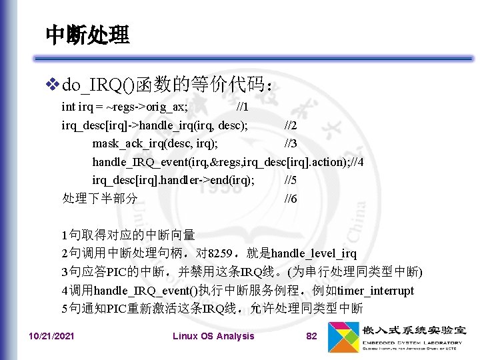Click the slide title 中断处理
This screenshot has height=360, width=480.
click(87, 35)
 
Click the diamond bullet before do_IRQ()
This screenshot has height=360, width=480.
click(53, 85)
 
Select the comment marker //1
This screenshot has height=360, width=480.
click(243, 107)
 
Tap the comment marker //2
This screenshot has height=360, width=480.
click(291, 125)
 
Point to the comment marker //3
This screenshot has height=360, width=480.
click(291, 143)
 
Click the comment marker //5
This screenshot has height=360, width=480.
click(291, 180)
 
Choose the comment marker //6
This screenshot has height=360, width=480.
click(291, 199)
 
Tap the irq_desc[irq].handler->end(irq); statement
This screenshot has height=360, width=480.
click(173, 180)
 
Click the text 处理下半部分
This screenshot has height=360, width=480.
click(99, 199)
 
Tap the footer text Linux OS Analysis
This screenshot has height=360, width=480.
click(213, 336)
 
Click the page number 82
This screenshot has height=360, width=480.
click(311, 336)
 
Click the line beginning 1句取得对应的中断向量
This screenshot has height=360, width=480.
click(128, 235)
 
